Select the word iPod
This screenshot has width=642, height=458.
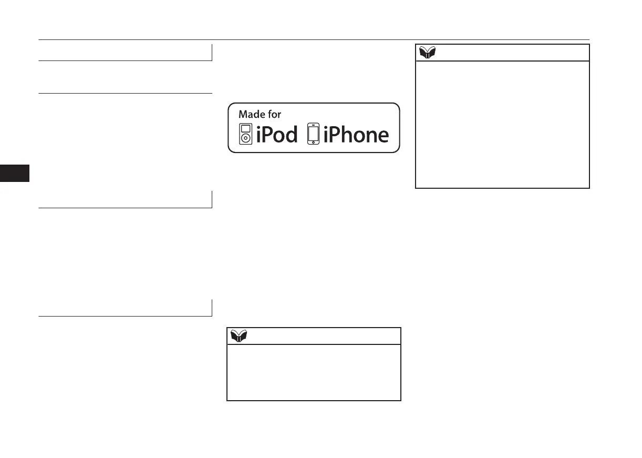tap(276, 135)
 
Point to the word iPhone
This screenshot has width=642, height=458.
tap(356, 135)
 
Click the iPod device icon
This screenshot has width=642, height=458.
tap(245, 134)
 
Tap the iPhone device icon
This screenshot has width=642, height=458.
tap(313, 134)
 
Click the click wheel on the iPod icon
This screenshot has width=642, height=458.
tap(245, 139)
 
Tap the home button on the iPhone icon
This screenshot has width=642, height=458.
tap(313, 143)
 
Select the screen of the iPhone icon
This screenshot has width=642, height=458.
tap(313, 133)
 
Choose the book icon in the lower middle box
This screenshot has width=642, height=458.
tap(239, 336)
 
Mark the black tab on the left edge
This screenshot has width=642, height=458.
tap(15, 173)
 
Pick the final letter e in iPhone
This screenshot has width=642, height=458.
tap(382, 136)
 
